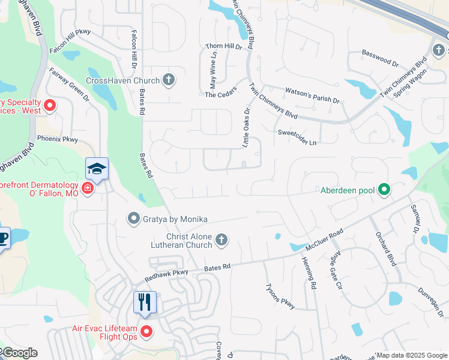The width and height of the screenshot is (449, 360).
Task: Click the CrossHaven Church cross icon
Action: [169, 80]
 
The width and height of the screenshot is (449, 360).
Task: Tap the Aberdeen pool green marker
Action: [384, 191]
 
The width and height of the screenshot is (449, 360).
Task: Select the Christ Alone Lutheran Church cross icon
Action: [221, 241]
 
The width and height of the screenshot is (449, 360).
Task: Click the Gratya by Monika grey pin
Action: [133, 219]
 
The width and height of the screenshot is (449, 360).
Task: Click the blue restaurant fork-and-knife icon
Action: [144, 301]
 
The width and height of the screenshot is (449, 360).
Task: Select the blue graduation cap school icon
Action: [96, 169]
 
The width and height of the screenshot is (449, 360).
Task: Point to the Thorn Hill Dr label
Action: [223, 46]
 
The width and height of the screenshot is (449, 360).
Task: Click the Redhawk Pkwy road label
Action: [166, 275]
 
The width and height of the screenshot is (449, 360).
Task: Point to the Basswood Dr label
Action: [380, 58]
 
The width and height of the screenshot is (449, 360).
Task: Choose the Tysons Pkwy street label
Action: [280, 296]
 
